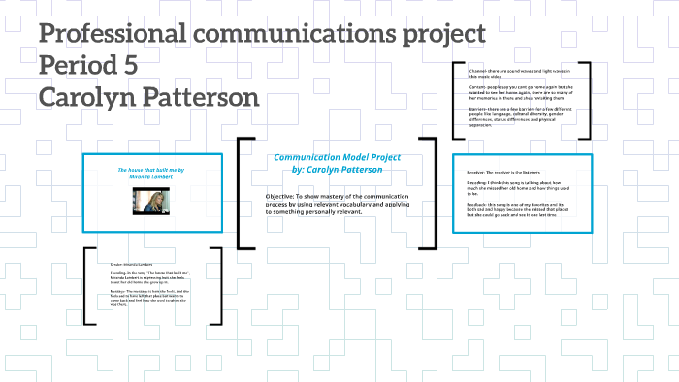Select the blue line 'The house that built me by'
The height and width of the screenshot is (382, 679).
point(150,170)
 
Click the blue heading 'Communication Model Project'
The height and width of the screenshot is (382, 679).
point(337,157)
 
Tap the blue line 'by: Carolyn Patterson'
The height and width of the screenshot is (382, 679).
point(337,169)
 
